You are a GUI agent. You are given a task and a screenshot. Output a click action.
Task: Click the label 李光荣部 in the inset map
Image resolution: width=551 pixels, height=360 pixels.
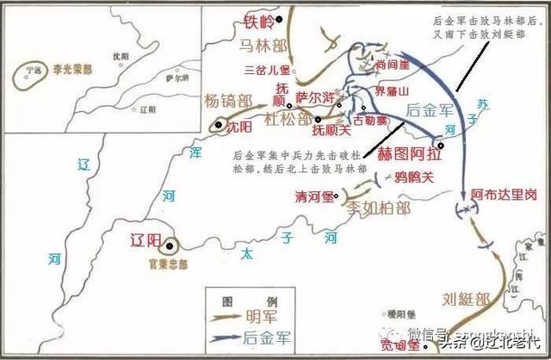(70, 65)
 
